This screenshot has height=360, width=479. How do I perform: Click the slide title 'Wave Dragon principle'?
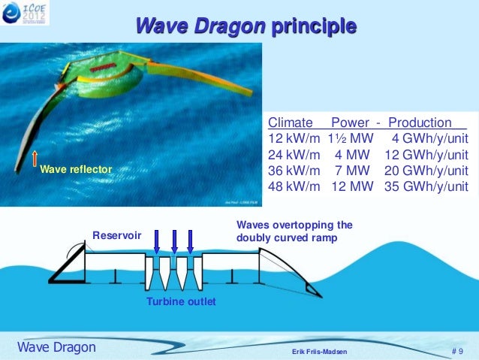tap(246, 27)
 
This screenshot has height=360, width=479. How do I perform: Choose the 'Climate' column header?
tap(291, 123)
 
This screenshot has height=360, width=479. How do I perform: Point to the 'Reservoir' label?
tap(116, 236)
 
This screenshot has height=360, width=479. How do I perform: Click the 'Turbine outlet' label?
tap(181, 301)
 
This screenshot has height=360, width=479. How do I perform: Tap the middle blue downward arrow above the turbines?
tap(174, 241)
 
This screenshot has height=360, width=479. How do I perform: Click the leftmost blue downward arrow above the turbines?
tap(156, 241)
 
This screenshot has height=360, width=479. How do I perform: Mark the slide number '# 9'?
tap(458, 349)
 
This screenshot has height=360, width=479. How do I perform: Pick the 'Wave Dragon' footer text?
tap(56, 347)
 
